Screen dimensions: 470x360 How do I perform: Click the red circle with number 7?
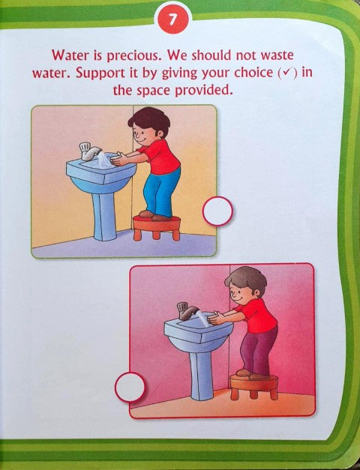pos(172,21)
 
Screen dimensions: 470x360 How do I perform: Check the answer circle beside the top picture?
pos(217,211)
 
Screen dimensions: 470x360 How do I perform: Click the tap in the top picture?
pos(88,153)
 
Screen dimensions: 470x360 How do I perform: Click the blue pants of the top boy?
pos(160,188)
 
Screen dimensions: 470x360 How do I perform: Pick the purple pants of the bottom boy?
pos(259,349)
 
